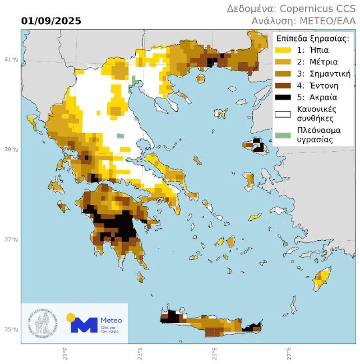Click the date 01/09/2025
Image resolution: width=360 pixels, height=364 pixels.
pos(51,21)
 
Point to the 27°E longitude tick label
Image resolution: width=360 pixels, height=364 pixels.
pos(289,352)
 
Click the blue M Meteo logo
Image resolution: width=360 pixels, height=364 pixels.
pos(83,325)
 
